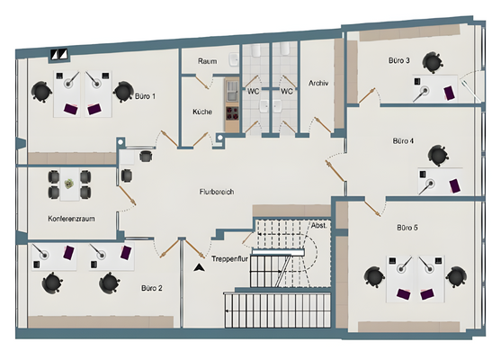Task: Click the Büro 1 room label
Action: click(145, 96)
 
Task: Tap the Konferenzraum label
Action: click(71, 219)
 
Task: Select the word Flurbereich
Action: click(217, 192)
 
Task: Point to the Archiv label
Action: click(318, 83)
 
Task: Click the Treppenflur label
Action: click(229, 258)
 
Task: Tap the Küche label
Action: click(202, 112)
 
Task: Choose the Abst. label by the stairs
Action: click(319, 225)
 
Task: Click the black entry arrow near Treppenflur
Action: click(199, 268)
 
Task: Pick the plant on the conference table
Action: click(68, 184)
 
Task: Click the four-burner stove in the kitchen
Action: click(232, 113)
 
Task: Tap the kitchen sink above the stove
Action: click(232, 90)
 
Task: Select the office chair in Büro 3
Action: click(433, 62)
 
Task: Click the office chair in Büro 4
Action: click(438, 156)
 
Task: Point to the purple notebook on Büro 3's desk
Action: click(450, 93)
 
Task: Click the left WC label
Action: click(253, 92)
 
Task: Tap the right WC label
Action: click(287, 92)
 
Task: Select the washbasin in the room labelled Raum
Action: click(234, 59)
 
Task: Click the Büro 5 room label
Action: click(407, 228)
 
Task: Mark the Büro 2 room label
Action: click(152, 288)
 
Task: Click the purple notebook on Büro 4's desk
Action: click(455, 186)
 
